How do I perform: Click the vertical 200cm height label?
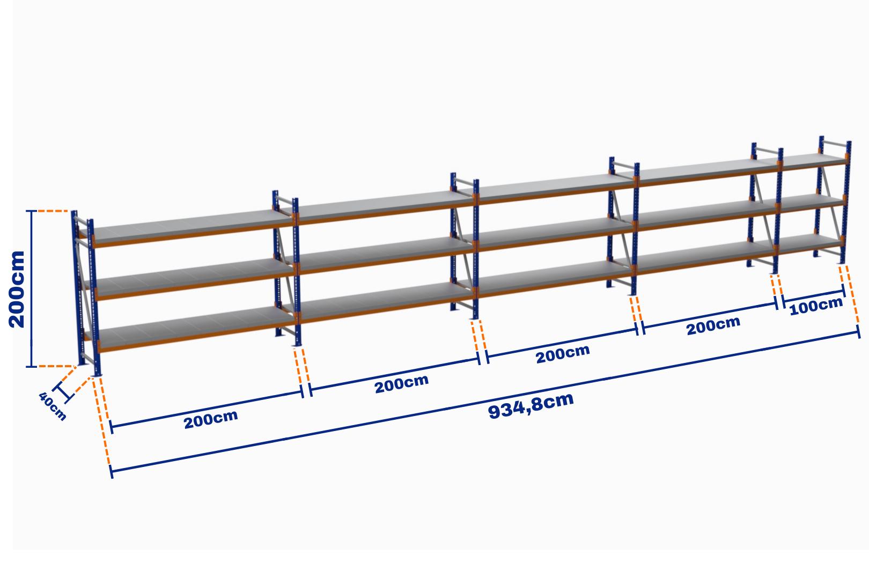pyautogui.click(x=17, y=289)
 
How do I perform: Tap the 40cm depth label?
pyautogui.click(x=53, y=406)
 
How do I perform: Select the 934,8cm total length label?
pyautogui.click(x=531, y=406)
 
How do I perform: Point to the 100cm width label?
pyautogui.click(x=816, y=306)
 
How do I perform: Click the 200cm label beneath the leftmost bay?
pyautogui.click(x=211, y=419)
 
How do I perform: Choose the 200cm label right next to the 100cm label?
pyautogui.click(x=713, y=326)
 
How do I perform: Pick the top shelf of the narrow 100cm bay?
pyautogui.click(x=813, y=160)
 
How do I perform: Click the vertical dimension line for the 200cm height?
pyautogui.click(x=32, y=289)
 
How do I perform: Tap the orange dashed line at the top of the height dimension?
pyautogui.click(x=53, y=211)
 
